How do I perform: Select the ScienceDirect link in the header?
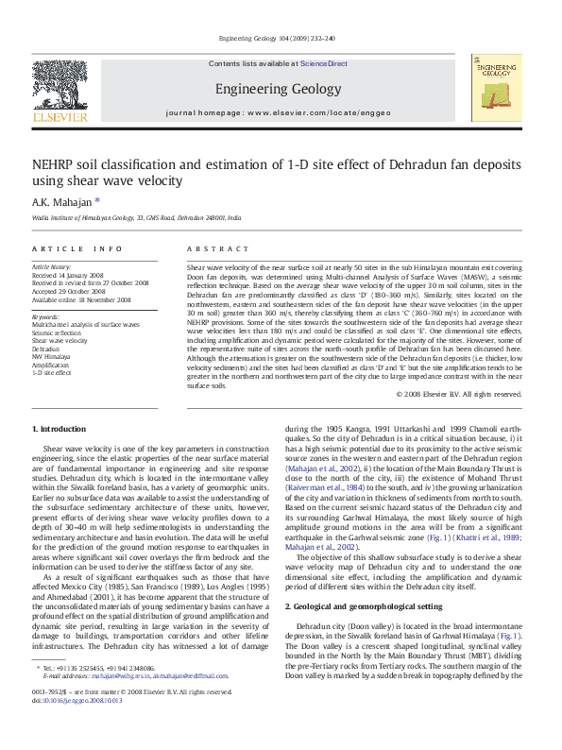tap(324, 64)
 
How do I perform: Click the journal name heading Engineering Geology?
tap(278, 90)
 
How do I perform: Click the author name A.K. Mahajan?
tap(64, 201)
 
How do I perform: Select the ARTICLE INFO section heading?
tap(77, 247)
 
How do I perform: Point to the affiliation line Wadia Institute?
tap(136, 217)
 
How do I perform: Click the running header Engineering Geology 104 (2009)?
tap(280, 39)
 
